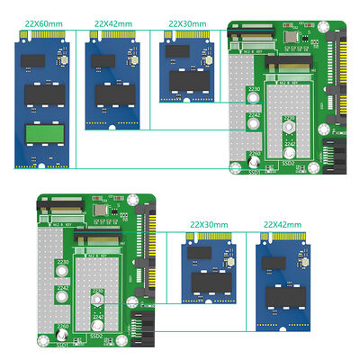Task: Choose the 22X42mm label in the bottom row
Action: pyautogui.click(x=281, y=222)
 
